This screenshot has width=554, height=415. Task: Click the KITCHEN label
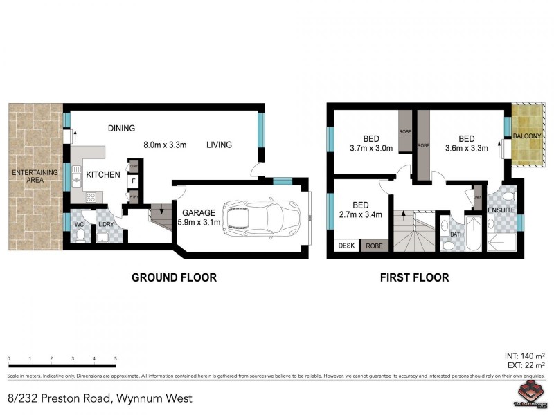(102, 175)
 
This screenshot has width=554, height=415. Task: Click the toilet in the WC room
(80, 236)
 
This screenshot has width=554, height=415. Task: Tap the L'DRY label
(105, 225)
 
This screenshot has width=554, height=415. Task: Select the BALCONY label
(528, 136)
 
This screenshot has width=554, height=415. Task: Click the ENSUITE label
(501, 209)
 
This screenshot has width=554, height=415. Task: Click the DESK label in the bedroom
(344, 245)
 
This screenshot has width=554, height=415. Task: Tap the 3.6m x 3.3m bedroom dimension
(466, 147)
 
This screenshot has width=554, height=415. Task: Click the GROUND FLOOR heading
(175, 277)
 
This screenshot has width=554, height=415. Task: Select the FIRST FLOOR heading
(414, 277)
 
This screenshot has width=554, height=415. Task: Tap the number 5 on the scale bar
(115, 359)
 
